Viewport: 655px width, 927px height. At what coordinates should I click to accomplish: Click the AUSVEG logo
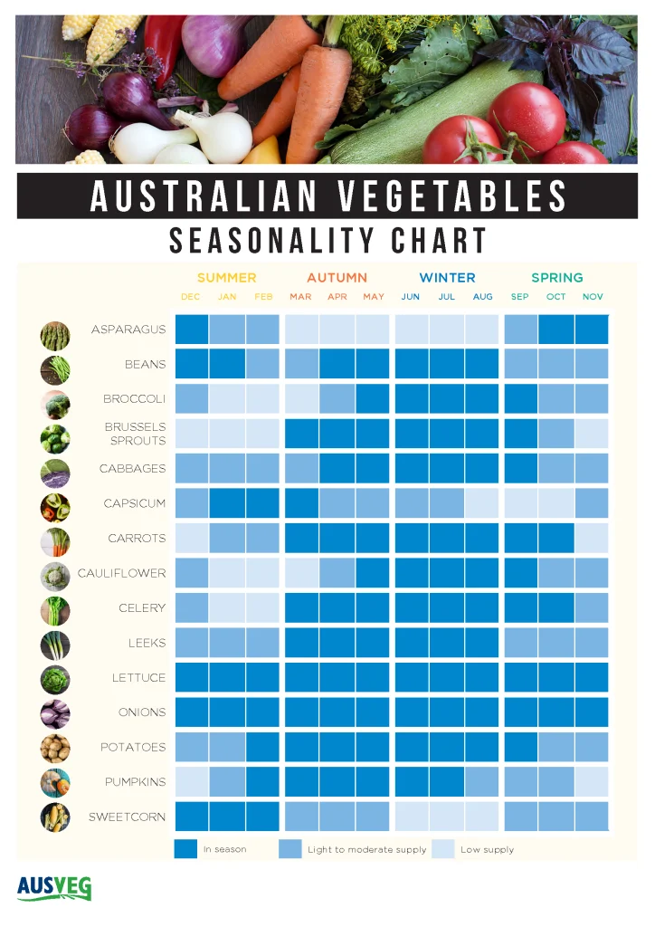(x=53, y=887)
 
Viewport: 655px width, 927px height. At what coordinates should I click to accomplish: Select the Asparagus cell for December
(x=191, y=330)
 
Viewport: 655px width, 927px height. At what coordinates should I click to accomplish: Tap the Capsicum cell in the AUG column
(x=483, y=503)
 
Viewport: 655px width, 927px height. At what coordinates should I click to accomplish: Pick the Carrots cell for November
(x=593, y=538)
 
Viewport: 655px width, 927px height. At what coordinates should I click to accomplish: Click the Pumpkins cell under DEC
(x=191, y=781)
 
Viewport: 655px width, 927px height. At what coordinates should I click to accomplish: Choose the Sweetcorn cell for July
(x=447, y=817)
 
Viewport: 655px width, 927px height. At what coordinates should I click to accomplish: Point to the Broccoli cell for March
(x=300, y=399)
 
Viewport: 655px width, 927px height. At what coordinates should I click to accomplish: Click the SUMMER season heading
(x=226, y=278)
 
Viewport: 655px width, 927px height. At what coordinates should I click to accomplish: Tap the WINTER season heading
(x=447, y=278)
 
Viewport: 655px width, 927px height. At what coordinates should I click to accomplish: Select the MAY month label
(x=374, y=297)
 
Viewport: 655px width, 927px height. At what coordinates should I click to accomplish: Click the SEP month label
(x=519, y=297)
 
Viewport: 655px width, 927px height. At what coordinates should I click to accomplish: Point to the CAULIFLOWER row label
(x=122, y=573)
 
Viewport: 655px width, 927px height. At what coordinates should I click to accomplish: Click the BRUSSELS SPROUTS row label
(x=135, y=434)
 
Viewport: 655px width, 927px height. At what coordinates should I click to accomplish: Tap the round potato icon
(x=54, y=748)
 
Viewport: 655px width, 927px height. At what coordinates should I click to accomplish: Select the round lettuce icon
(x=54, y=678)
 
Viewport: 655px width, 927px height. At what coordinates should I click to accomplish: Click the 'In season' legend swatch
(x=185, y=849)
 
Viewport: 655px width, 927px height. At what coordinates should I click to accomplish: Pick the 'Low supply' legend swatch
(x=442, y=849)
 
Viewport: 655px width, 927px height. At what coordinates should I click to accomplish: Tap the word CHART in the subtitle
(x=439, y=241)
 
